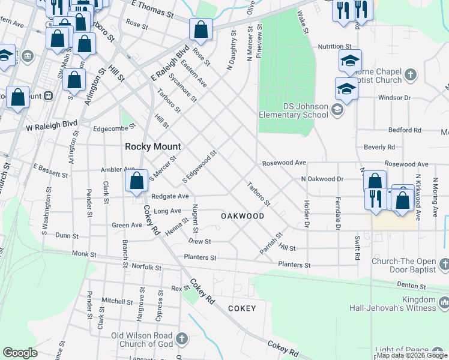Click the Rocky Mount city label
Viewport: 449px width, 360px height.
tap(152, 146)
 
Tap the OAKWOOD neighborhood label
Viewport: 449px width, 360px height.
tap(243, 215)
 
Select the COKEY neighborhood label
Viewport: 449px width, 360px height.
tap(242, 308)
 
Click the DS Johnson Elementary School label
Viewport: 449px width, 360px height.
tap(294, 110)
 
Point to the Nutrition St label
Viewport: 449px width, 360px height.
tap(334, 46)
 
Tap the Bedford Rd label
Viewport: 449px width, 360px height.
tap(405, 130)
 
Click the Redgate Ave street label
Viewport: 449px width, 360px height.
tap(170, 196)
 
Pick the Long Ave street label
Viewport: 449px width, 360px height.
tap(167, 211)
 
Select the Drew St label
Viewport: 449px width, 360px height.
tap(199, 241)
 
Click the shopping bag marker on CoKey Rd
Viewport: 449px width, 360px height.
tap(137, 181)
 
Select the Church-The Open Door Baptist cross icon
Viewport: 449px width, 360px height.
tap(444, 264)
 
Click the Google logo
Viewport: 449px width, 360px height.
tap(20, 353)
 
